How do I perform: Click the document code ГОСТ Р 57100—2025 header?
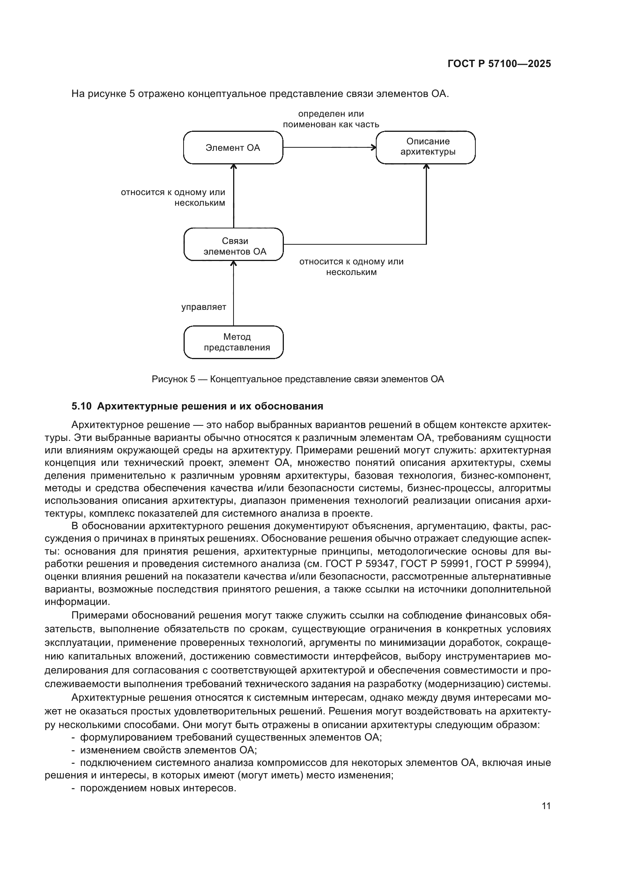[x=499, y=64]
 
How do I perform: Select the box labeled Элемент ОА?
[x=233, y=148]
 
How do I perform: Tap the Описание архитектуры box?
[x=425, y=147]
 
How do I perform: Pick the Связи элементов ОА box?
[x=234, y=245]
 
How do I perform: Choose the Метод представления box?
[x=234, y=342]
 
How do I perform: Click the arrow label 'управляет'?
[x=204, y=307]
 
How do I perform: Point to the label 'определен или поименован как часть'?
[x=331, y=119]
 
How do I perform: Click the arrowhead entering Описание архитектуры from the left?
[x=374, y=147]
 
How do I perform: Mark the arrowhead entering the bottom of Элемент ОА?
[x=234, y=167]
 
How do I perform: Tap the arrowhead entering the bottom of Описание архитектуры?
[x=426, y=167]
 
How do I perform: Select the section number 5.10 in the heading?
[x=81, y=406]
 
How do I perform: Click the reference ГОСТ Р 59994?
[x=511, y=564]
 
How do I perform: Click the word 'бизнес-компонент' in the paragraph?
[x=505, y=475]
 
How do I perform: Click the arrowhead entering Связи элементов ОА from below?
[x=234, y=264]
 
